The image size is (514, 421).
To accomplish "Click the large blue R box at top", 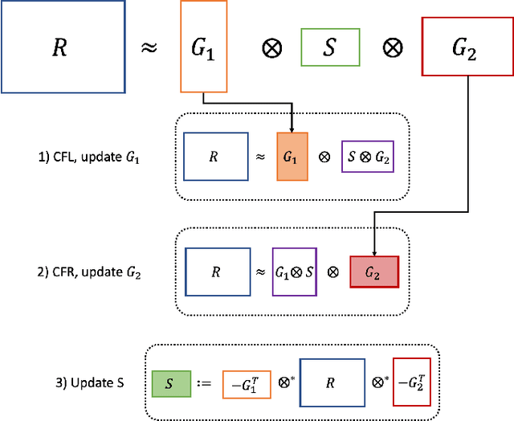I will (63, 47).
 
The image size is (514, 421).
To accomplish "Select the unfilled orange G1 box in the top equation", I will (202, 47).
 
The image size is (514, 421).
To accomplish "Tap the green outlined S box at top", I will (328, 47).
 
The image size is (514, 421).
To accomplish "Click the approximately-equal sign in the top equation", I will (149, 47).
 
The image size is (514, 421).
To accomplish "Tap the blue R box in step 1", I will (214, 156).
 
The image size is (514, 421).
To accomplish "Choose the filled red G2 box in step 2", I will (373, 272).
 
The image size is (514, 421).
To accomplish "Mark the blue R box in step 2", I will (215, 272).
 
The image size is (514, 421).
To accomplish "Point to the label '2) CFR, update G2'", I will (90, 271).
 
